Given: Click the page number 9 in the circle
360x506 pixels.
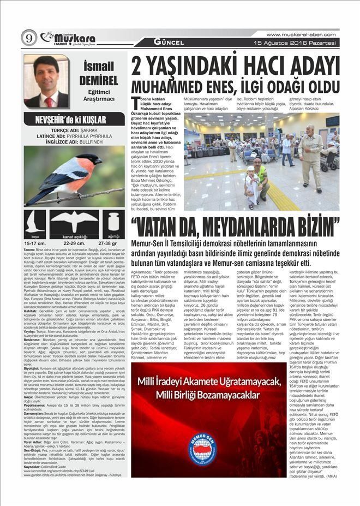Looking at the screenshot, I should coord(28,38).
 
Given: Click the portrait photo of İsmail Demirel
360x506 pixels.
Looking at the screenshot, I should coord(46,81).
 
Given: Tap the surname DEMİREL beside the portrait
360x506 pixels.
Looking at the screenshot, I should coord(98,80).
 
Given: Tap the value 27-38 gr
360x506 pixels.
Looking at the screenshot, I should coord(107,243).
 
